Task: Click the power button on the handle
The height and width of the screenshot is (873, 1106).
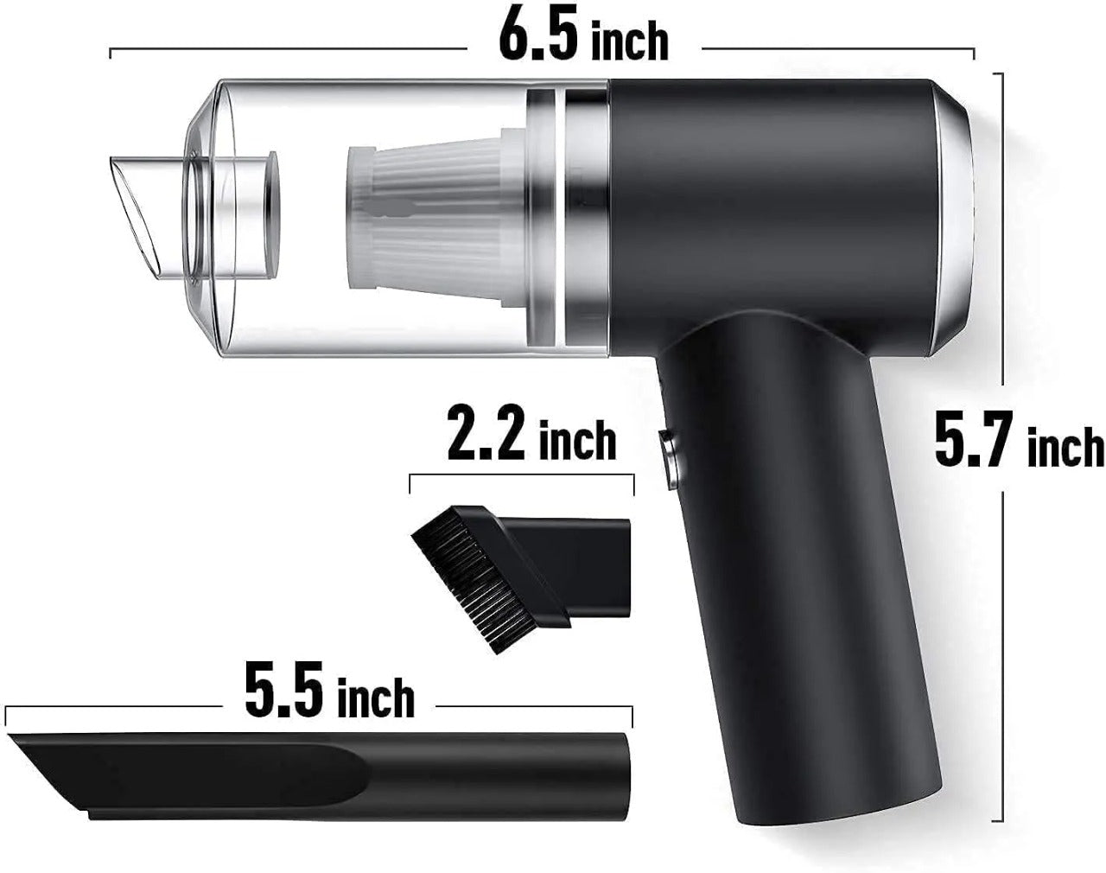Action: coord(671,458)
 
